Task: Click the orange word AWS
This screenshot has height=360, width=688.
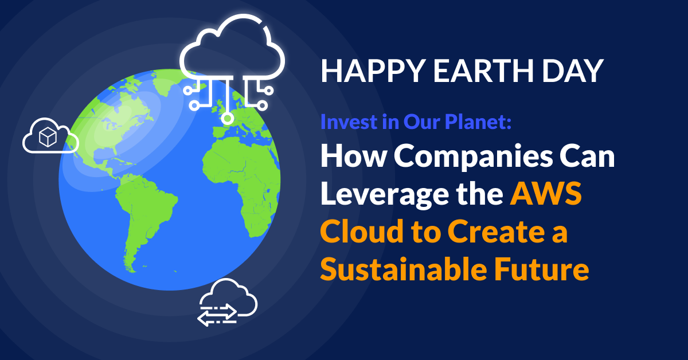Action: coord(546,194)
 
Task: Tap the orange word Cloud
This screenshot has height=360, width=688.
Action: coord(359,232)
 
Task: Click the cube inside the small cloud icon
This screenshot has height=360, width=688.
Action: coord(46,136)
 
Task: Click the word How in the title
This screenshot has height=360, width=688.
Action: coord(343,157)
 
